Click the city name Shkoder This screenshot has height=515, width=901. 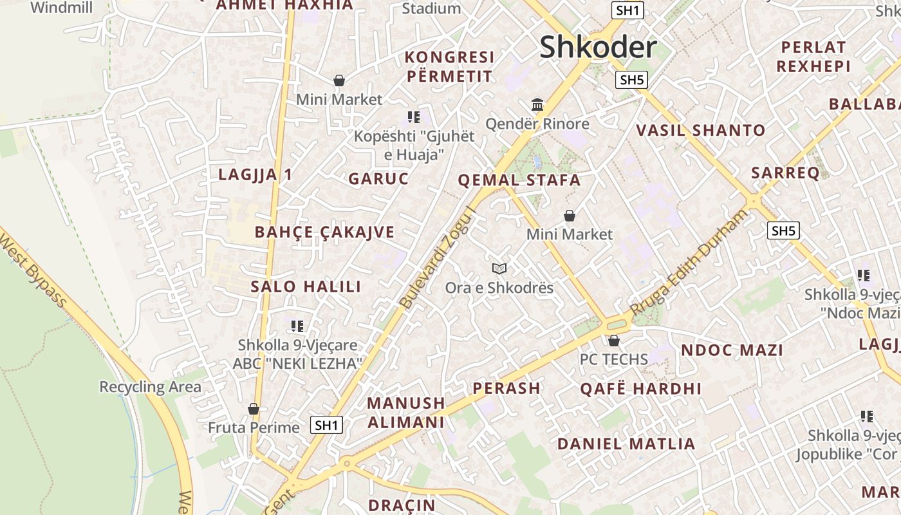[598, 48]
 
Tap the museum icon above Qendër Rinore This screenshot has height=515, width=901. [537, 104]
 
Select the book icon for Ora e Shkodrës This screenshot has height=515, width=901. [499, 268]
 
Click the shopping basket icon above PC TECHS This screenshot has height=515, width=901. [614, 341]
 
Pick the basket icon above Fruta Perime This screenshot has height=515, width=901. [254, 409]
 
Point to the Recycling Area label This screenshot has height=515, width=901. [150, 387]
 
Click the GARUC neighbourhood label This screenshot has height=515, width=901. [378, 179]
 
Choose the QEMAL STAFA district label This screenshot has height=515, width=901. [519, 180]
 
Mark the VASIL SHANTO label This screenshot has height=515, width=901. [701, 131]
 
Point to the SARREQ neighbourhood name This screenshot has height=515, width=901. [785, 173]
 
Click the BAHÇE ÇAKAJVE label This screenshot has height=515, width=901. [324, 232]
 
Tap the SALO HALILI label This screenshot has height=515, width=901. [306, 287]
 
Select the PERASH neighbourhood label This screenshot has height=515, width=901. [506, 388]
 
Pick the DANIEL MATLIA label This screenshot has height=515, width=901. [626, 444]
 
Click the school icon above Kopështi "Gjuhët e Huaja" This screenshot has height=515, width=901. [414, 117]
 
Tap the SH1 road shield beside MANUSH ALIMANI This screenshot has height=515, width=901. [326, 425]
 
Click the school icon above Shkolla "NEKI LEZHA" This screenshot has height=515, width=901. [297, 326]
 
